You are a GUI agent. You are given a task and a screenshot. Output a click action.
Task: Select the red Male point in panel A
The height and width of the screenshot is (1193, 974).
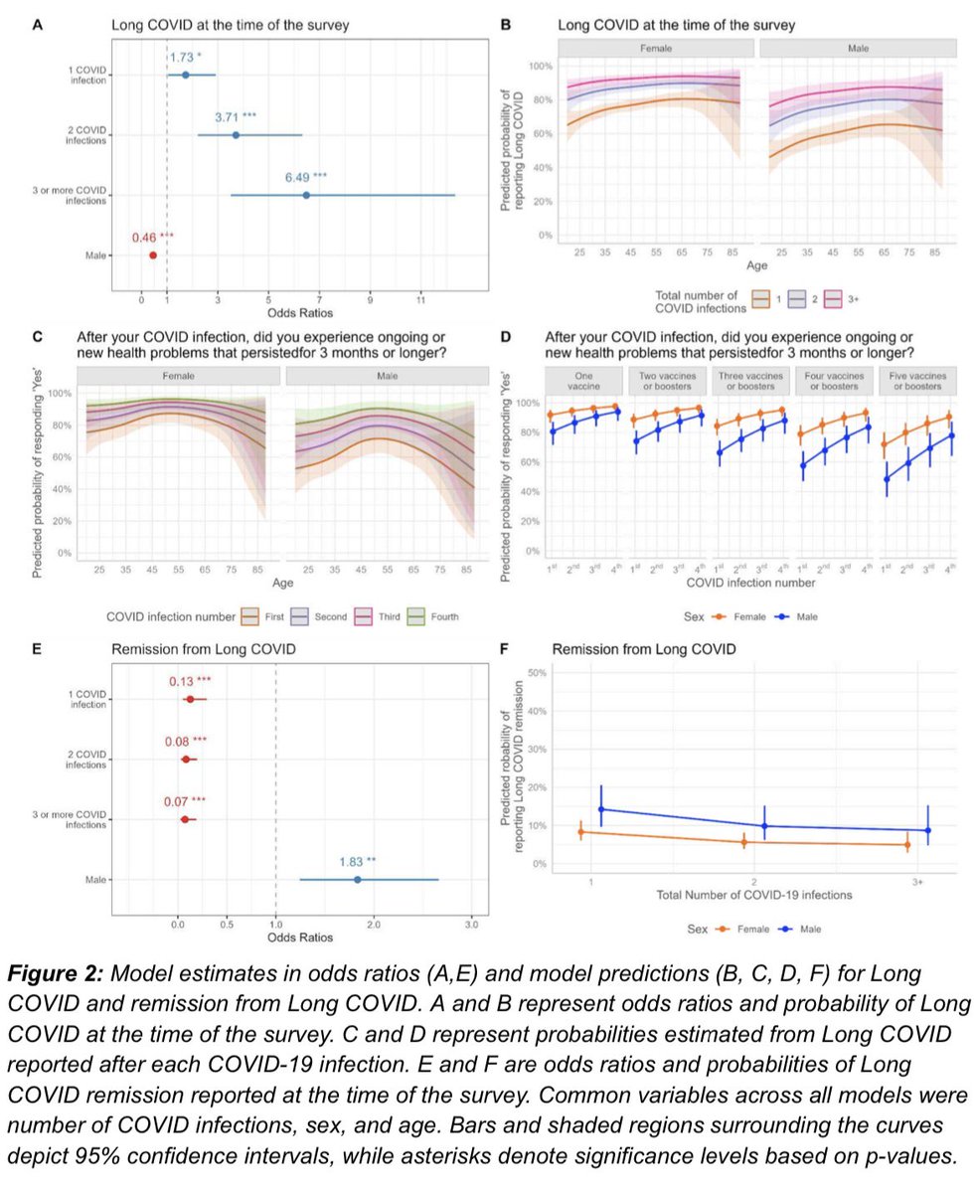(153, 256)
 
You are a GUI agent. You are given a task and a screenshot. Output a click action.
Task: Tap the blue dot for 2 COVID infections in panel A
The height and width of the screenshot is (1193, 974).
(236, 135)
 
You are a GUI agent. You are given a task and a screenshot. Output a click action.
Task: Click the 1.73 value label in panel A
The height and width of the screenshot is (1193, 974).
(185, 58)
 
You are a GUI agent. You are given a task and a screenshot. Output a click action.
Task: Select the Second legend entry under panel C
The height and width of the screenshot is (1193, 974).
(324, 616)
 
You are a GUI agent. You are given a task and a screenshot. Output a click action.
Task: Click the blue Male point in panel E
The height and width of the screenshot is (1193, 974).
(357, 880)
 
